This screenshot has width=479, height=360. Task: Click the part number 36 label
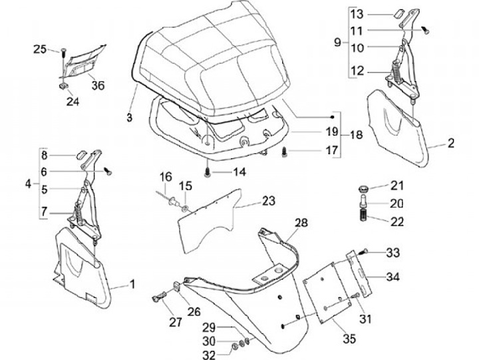click(98, 85)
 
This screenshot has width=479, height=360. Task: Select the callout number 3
click(130, 117)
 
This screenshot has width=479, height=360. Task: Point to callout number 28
click(301, 223)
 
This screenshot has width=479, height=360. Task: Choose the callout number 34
click(394, 276)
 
